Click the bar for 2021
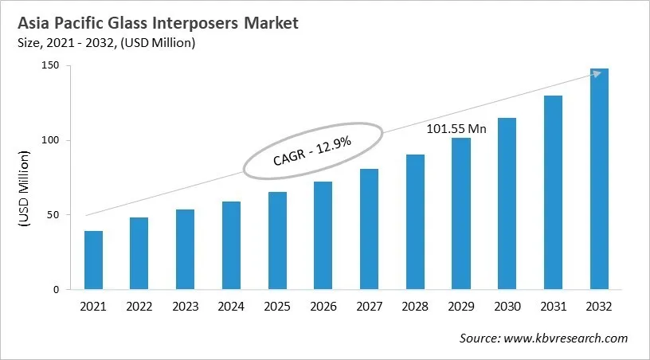[x=94, y=260]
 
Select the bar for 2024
[x=231, y=246]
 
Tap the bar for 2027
[x=369, y=229]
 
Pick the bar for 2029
[x=460, y=213]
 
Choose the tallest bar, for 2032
[x=598, y=179]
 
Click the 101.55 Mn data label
[x=456, y=127]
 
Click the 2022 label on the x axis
[x=139, y=307]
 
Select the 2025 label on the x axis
[x=277, y=307]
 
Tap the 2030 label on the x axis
[x=507, y=307]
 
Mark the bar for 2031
[x=552, y=193]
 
